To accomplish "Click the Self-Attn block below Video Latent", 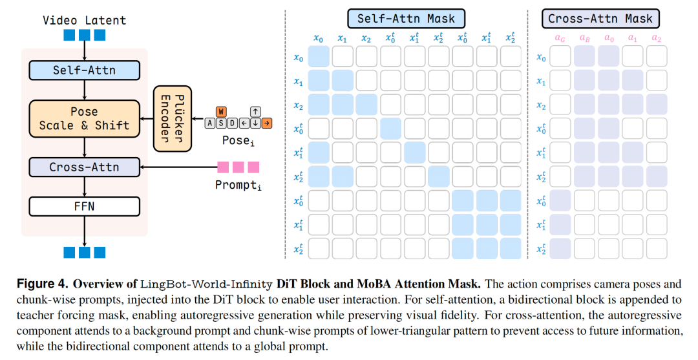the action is point(84,70).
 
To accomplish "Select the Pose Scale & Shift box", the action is point(84,118).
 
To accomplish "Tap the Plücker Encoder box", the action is point(173,119).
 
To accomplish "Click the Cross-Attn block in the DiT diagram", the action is point(84,167).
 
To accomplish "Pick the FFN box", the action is point(84,206).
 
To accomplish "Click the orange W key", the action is point(221,112).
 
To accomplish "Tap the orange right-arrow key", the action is point(267,123).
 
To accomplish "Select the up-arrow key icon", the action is point(255,112).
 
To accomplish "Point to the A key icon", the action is point(209,123).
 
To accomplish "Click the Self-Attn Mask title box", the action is point(406,19).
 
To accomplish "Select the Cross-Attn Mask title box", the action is point(600,19).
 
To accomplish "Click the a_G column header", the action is point(560,38).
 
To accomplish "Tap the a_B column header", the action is point(584,38).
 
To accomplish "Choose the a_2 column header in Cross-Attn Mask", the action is point(657,38).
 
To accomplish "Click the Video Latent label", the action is point(84,21).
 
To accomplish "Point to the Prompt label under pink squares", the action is point(238,185).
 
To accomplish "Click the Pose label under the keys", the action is point(238,141).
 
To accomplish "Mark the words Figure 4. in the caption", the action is point(43,284).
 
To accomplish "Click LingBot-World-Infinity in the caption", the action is point(206,284).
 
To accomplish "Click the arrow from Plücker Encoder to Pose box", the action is point(147,119).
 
